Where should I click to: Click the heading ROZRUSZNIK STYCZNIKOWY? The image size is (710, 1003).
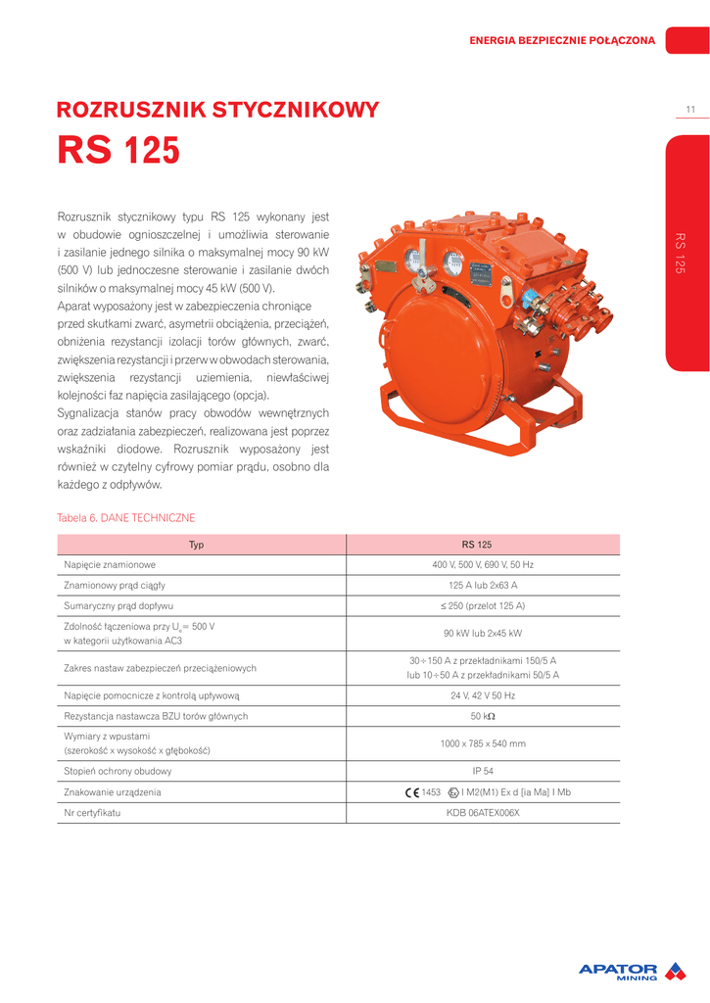point(218,110)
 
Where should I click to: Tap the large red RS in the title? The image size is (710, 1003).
point(85,151)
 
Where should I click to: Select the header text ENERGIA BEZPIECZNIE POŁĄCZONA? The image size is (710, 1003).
point(562,40)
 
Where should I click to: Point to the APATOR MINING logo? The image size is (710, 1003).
point(633,971)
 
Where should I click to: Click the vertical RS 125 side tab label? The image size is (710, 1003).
point(680,254)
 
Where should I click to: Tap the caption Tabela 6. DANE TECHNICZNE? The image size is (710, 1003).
point(126,517)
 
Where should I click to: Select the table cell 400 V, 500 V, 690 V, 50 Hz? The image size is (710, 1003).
point(483,565)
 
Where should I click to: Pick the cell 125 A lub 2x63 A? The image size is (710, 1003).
point(483,586)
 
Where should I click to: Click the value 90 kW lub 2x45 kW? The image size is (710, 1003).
point(483,633)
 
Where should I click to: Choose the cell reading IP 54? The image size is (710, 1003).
point(483,771)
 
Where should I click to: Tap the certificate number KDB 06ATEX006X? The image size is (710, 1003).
point(483,813)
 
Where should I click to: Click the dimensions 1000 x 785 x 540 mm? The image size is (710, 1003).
point(483,743)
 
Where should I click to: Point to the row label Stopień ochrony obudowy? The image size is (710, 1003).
point(117,771)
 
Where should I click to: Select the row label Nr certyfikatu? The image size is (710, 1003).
point(92,813)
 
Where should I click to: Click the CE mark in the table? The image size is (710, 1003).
point(411,792)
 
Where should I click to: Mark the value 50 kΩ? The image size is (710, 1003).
point(483,716)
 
